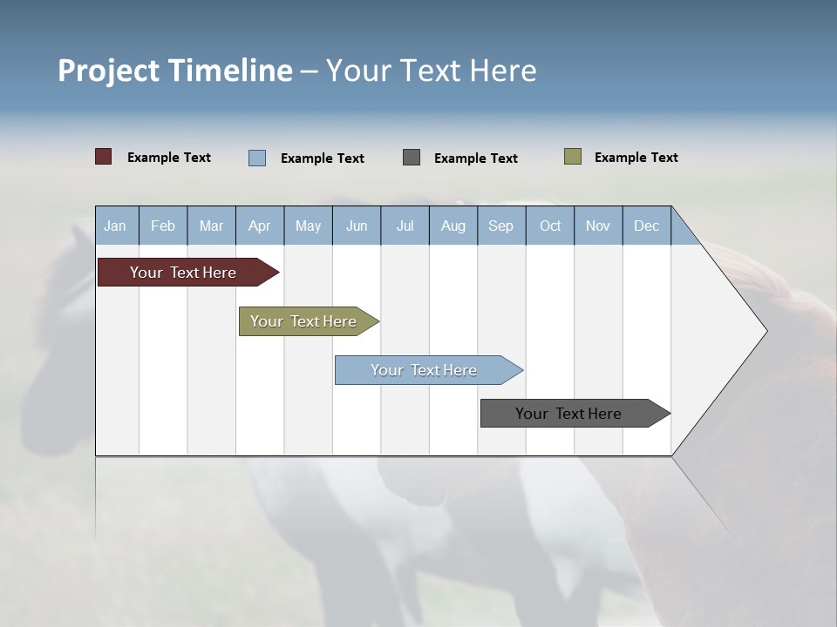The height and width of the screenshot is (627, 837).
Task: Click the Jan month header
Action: click(116, 226)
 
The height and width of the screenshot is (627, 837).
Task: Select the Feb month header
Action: click(163, 226)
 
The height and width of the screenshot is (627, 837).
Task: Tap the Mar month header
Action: click(211, 226)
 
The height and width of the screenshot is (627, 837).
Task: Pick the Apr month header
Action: click(260, 226)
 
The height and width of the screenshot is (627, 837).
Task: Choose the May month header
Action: click(308, 226)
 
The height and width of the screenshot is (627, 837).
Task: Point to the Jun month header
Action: click(357, 226)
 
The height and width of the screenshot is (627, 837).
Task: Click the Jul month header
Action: click(405, 226)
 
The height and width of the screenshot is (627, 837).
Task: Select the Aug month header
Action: click(453, 226)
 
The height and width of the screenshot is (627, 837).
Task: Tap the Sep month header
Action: click(501, 226)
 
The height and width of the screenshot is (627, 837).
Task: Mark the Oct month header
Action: click(550, 226)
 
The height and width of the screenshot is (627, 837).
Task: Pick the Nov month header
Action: click(598, 226)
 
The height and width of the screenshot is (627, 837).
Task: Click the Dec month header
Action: click(647, 226)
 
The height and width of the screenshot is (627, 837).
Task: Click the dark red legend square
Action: click(104, 157)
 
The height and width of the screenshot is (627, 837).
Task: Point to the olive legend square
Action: click(573, 157)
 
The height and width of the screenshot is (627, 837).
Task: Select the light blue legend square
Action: click(257, 158)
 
